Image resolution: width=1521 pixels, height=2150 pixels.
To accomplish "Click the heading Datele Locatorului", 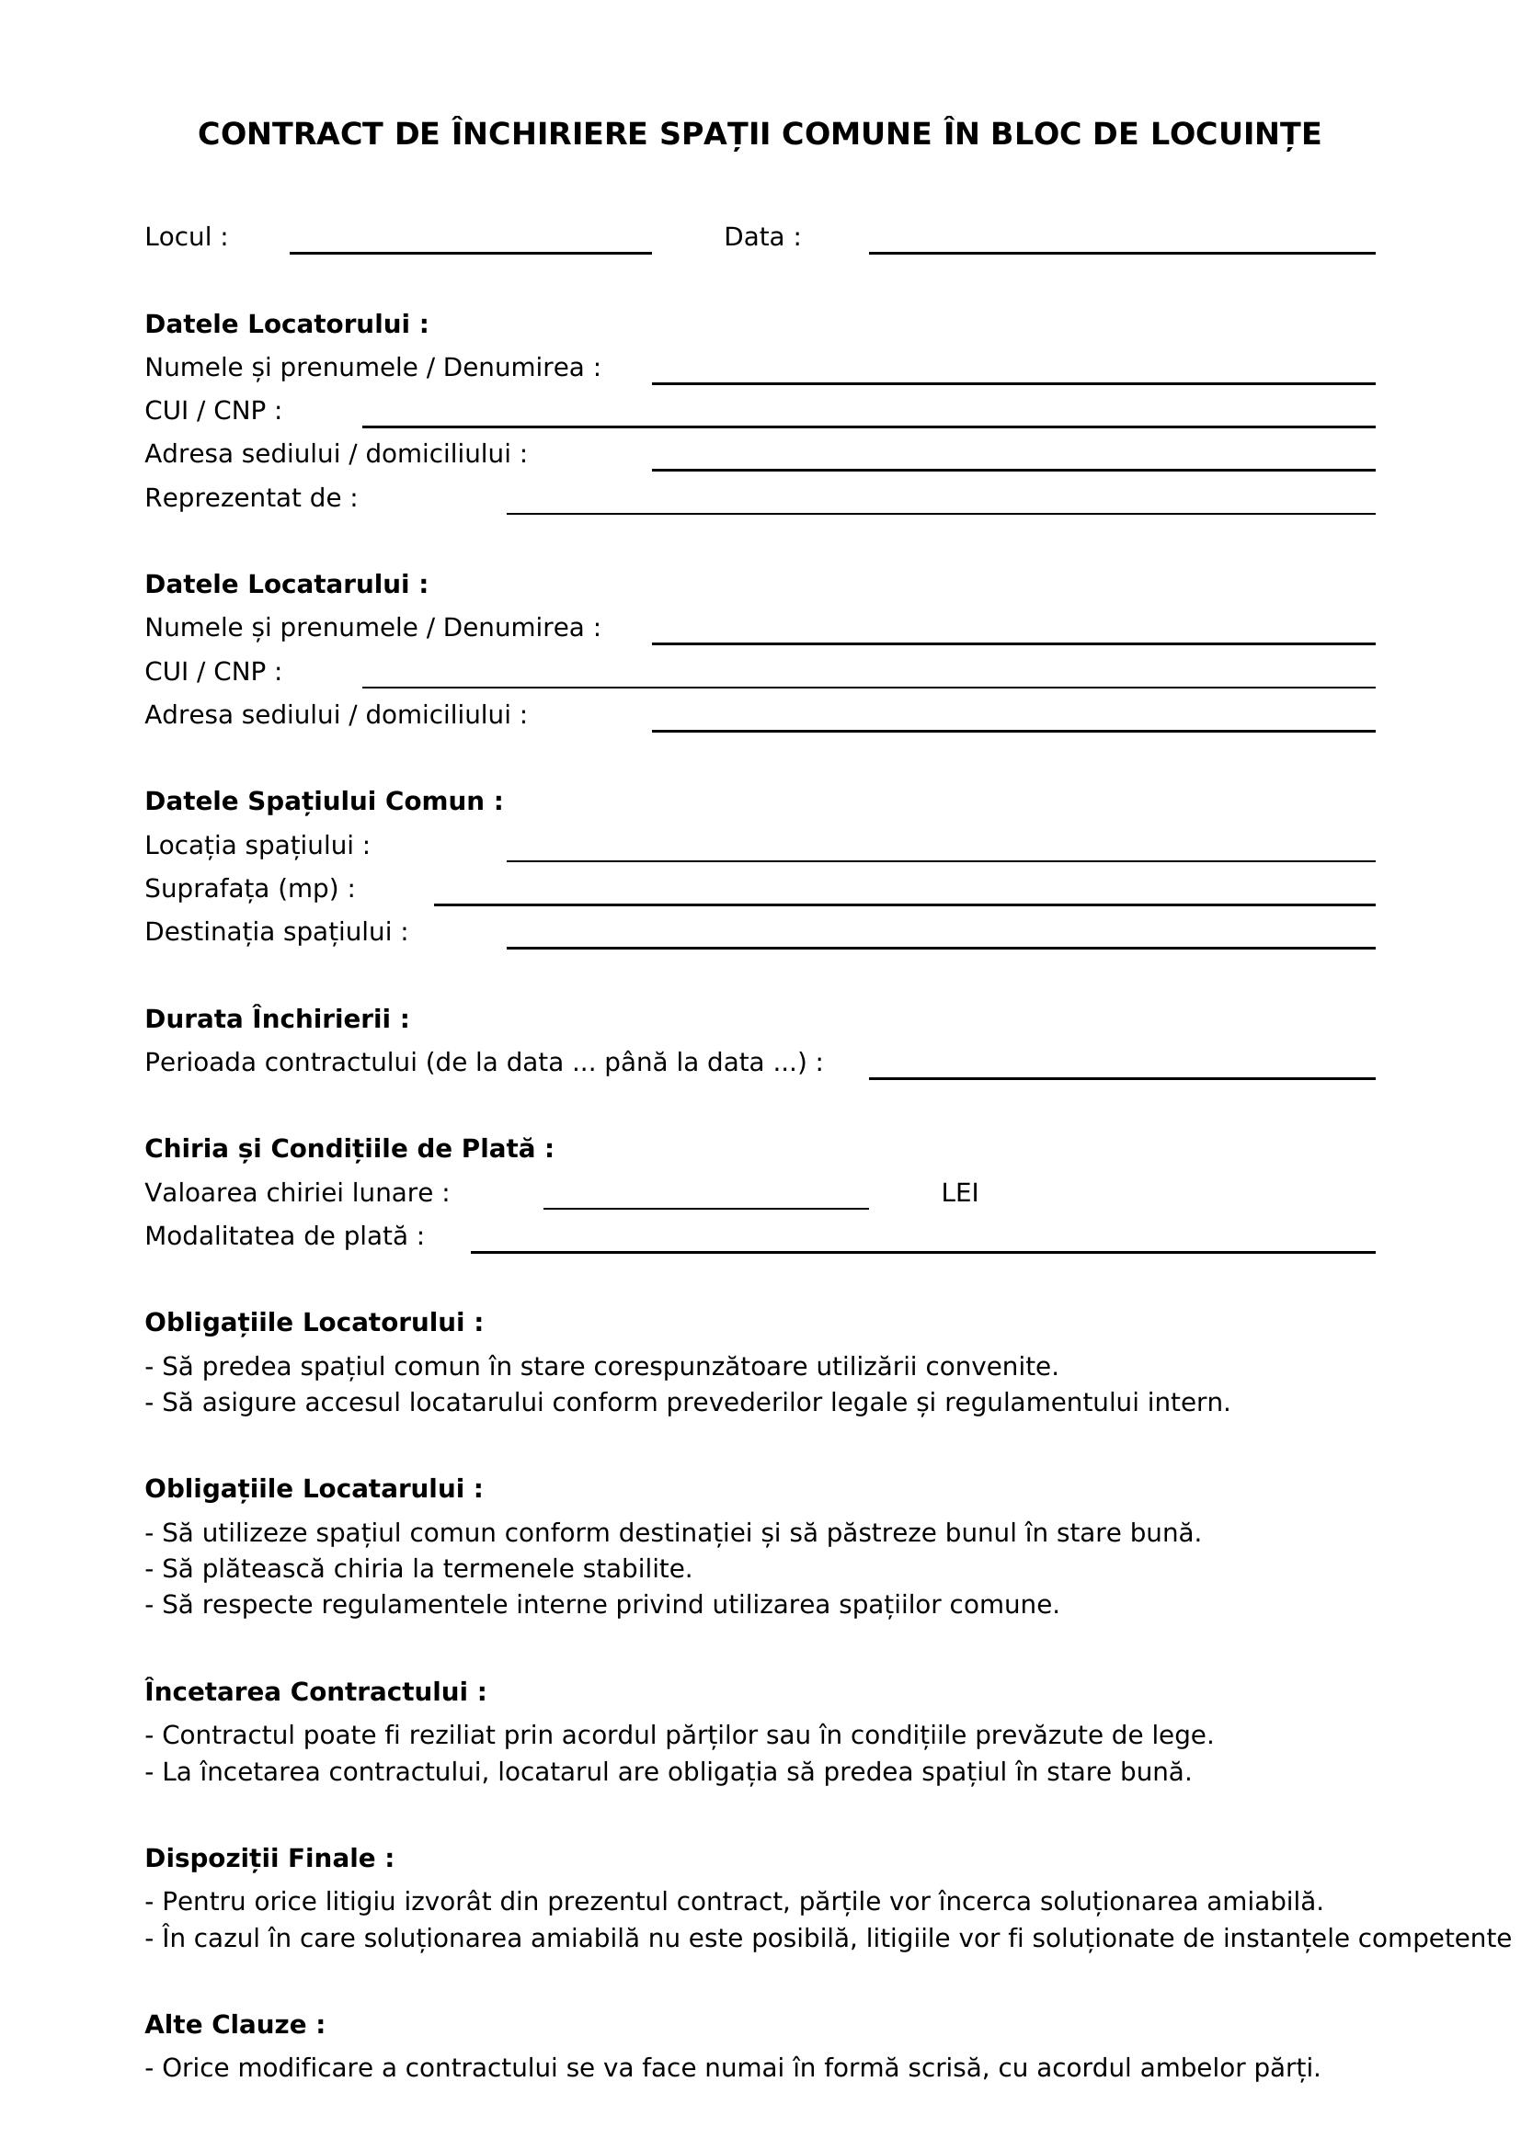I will tap(287, 324).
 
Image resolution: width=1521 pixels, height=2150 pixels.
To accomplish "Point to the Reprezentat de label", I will tap(251, 498).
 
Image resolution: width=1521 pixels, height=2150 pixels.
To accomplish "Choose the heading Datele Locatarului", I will tap(287, 585).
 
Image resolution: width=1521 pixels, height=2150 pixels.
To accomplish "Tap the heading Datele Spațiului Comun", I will tap(324, 802).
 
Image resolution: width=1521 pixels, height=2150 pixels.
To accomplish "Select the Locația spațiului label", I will tap(257, 846).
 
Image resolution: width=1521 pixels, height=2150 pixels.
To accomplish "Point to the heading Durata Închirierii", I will tap(277, 1018).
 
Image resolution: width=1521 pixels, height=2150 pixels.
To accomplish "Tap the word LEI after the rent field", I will tap(959, 1193).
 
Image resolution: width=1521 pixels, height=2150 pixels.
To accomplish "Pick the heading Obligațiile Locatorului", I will tap(314, 1323).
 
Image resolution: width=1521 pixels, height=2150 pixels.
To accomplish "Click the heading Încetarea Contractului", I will tap(315, 1692).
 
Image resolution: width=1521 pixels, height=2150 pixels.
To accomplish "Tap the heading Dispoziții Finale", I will tap(269, 1859).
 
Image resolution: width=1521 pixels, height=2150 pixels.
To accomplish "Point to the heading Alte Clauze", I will tap(235, 2026).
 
